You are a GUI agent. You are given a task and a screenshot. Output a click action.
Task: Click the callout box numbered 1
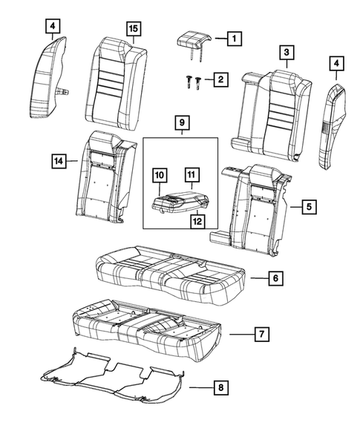pos(233,37)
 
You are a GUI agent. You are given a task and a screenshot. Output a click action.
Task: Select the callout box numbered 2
pos(220,79)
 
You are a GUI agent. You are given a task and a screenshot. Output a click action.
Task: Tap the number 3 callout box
pos(285,52)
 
